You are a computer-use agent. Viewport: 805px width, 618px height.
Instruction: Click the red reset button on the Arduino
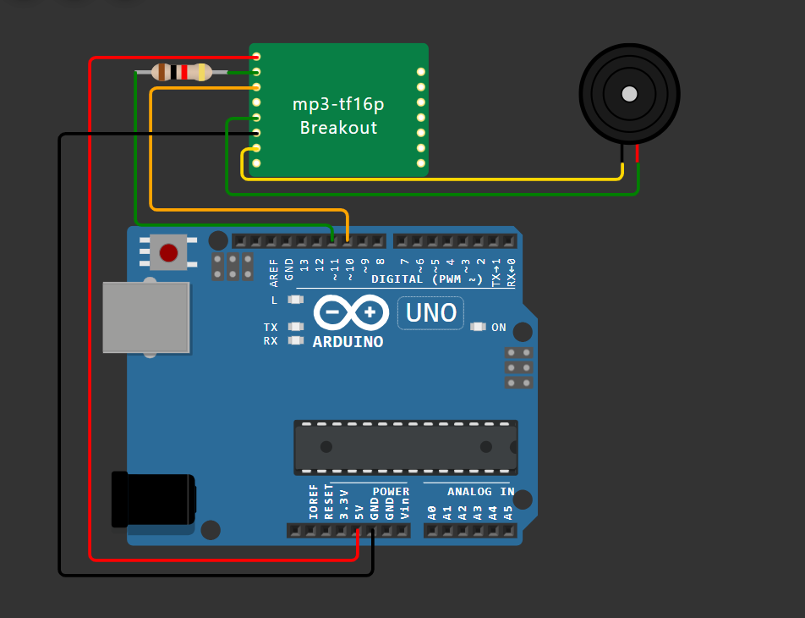pos(169,252)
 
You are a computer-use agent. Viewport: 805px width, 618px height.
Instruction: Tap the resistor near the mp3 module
pos(181,72)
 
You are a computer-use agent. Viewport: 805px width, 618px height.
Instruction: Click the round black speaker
pos(629,93)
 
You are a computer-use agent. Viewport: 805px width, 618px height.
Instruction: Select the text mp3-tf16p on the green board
pos(338,105)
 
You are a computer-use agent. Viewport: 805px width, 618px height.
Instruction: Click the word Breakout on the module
pos(338,128)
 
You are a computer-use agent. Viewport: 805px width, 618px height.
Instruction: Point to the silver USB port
pos(145,317)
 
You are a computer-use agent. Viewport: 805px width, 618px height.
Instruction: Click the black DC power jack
pos(154,499)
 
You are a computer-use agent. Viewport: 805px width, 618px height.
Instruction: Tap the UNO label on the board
pos(431,313)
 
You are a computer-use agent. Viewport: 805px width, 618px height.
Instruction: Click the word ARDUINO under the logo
pos(348,342)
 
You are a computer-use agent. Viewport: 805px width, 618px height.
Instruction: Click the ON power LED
pos(478,327)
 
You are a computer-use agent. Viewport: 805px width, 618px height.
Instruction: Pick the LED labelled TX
pos(295,327)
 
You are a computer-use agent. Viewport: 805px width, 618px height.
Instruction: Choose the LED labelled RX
pos(295,340)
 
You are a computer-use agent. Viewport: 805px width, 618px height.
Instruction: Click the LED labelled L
pos(295,300)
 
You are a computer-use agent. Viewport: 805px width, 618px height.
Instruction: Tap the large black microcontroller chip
pos(405,446)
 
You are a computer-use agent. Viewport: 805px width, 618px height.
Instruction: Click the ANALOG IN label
pos(480,491)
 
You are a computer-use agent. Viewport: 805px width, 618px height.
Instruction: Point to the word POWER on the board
pos(391,491)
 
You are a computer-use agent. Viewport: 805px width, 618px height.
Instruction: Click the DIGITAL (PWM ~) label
pos(427,279)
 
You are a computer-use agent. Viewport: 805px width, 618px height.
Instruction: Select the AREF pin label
pos(273,270)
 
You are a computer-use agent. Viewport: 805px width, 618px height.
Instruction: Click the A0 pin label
pos(432,511)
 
